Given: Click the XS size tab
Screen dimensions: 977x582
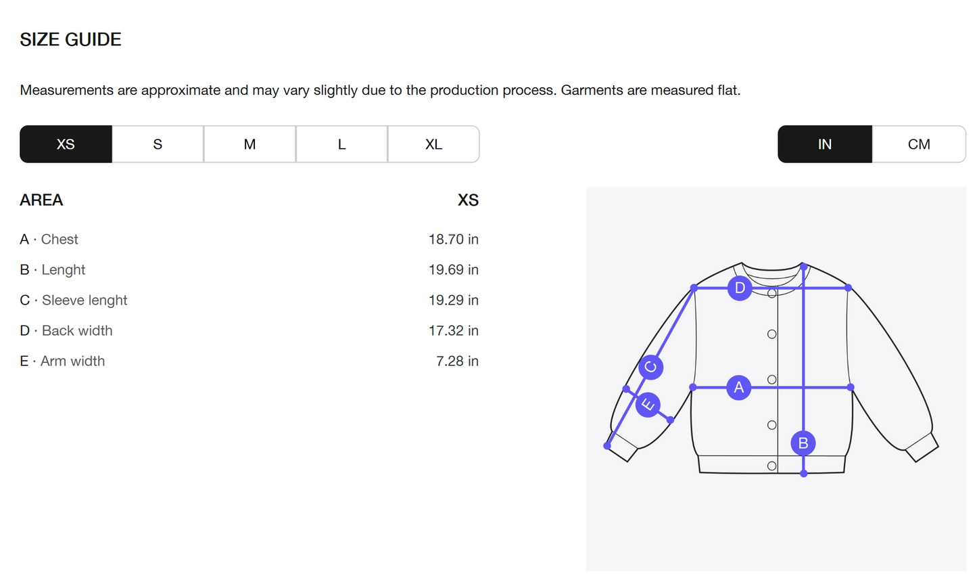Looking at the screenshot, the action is click(66, 144).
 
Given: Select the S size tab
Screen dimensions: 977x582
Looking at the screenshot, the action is click(158, 144).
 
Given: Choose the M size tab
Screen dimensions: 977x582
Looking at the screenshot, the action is click(249, 144).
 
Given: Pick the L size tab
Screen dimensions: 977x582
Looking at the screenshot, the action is click(341, 144).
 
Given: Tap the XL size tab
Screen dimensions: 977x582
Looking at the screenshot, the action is click(433, 144).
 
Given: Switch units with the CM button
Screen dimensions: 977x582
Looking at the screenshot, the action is click(919, 144).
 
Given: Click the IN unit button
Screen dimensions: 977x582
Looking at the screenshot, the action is click(825, 144).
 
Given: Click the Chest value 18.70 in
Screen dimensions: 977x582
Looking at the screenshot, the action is click(454, 240).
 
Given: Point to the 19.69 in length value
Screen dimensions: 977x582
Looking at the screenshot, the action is click(454, 270).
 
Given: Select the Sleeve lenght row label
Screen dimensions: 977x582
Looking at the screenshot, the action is click(74, 300).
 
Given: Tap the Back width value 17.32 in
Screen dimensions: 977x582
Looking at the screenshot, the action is click(454, 330).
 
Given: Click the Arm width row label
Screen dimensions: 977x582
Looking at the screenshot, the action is click(62, 361).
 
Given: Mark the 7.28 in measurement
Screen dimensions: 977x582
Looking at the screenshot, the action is click(457, 361).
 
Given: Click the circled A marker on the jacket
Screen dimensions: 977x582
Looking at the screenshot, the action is click(738, 387).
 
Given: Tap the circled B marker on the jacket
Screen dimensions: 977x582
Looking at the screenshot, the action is click(803, 443).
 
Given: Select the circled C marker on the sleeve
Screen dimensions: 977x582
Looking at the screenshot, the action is click(650, 367).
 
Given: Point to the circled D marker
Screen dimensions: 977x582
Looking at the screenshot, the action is click(740, 288).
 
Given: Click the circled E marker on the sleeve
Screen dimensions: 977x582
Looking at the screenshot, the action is click(648, 405).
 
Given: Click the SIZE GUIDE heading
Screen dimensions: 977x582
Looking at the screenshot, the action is click(71, 40).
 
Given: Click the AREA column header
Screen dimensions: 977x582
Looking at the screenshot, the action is click(41, 200).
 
